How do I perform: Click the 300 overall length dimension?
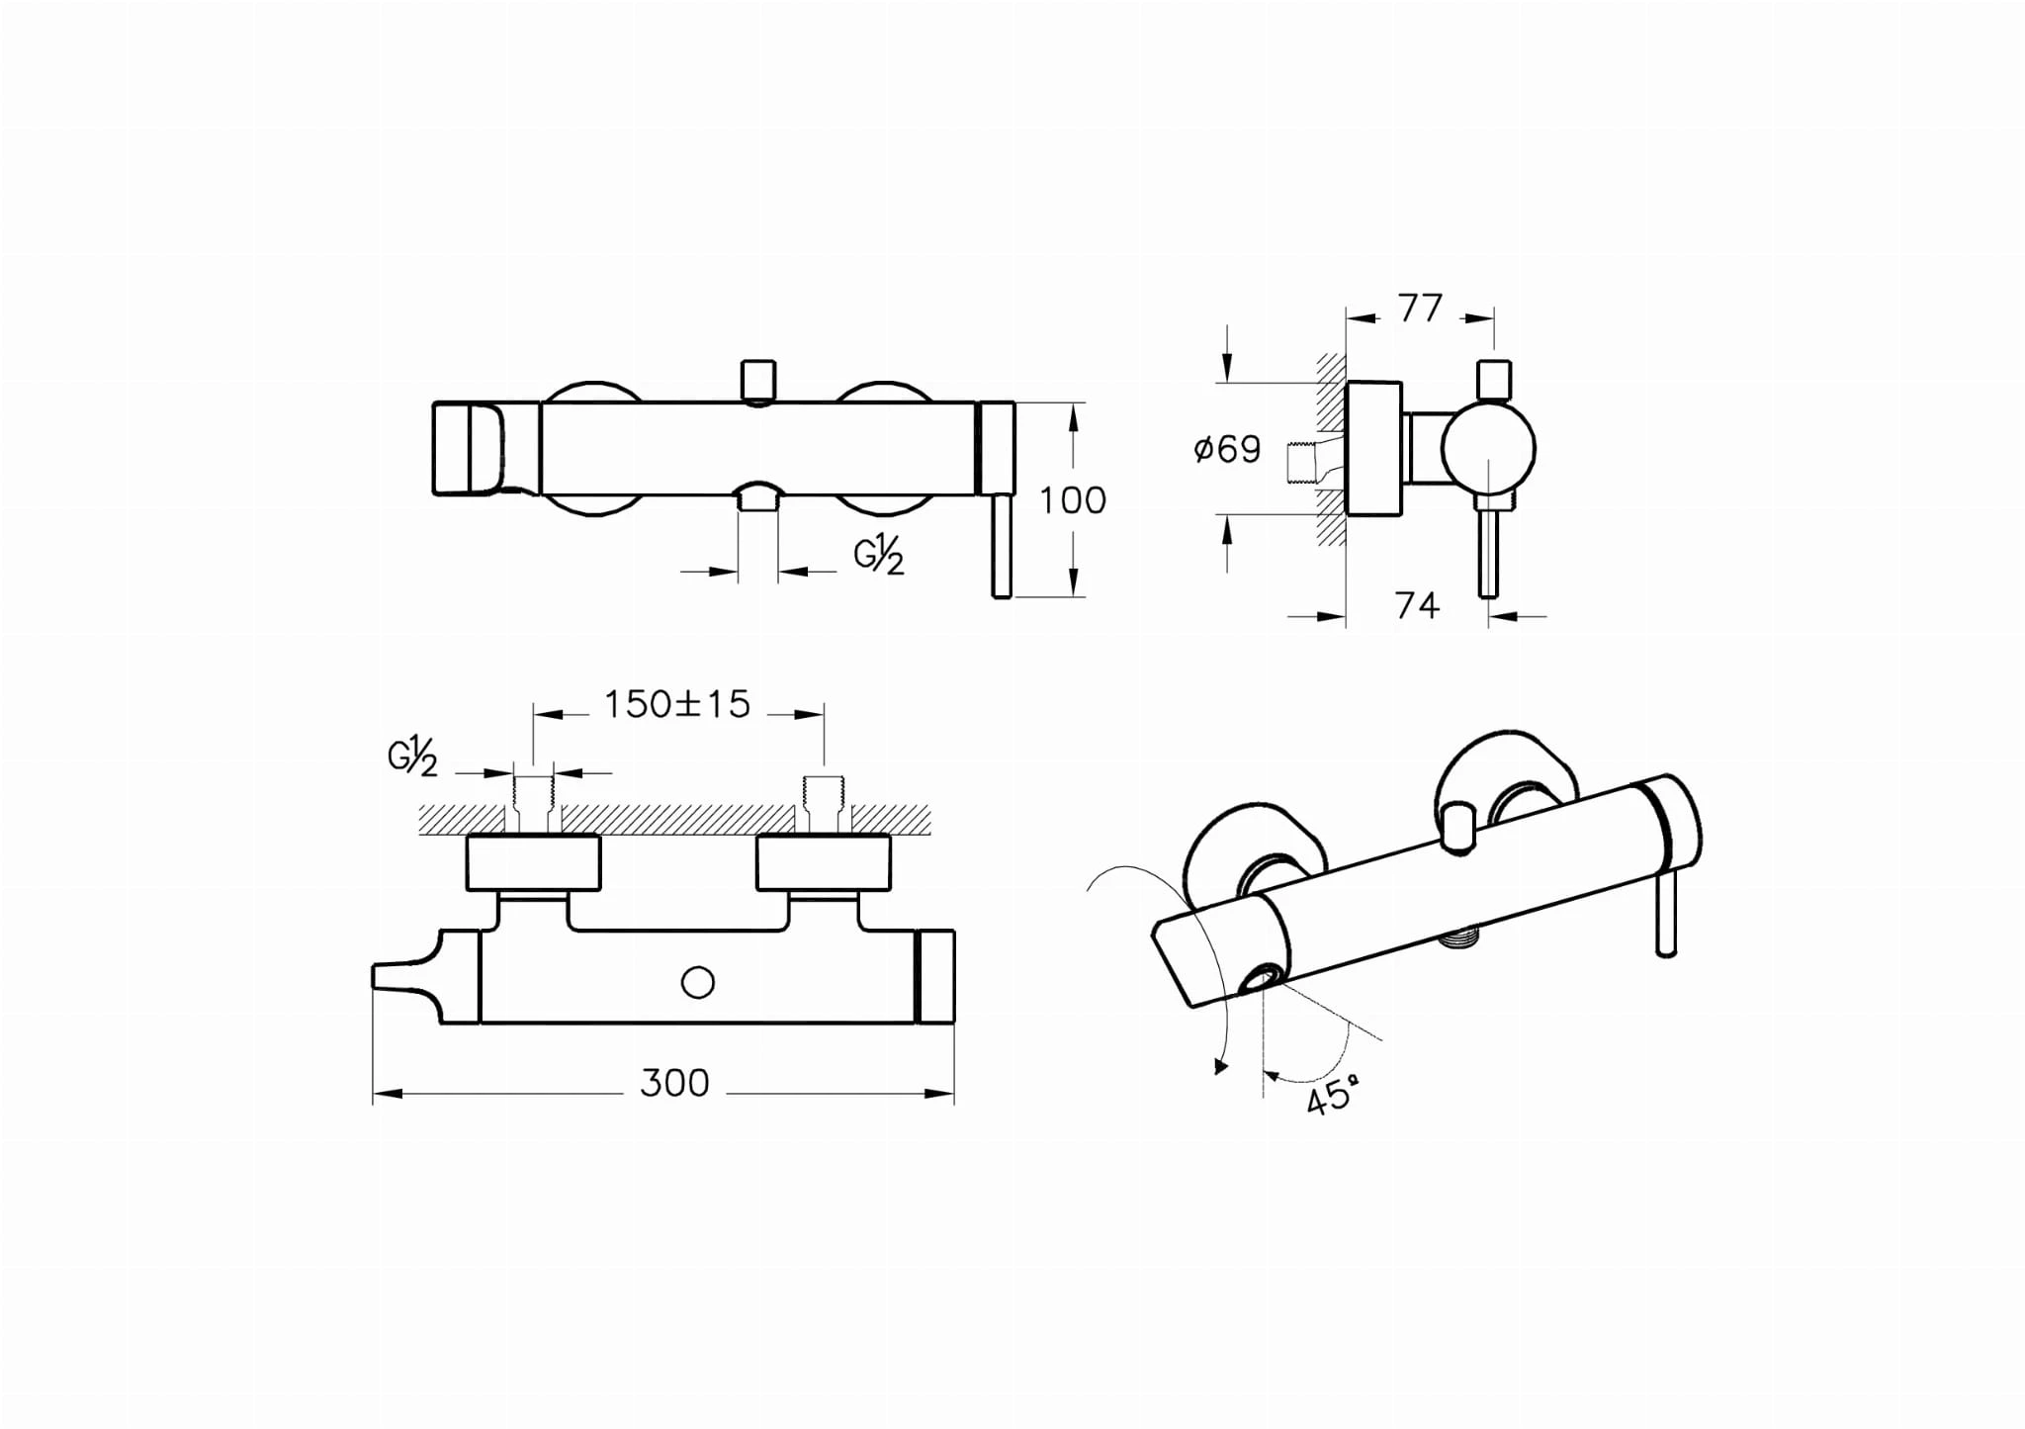coord(674,1084)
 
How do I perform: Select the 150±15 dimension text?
coord(677,704)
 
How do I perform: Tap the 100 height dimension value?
coord(1073,500)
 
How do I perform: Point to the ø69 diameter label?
coord(1227,449)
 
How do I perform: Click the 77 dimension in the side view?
coord(1421,309)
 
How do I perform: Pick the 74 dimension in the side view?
coord(1417,605)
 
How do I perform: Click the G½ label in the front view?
coord(879,556)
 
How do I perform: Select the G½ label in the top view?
coord(412,757)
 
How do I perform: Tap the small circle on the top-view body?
coord(698,983)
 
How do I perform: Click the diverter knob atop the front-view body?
coord(757,381)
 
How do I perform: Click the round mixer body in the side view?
coord(1488,448)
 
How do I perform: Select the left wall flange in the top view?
coord(533,862)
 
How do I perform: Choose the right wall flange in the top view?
coord(824,862)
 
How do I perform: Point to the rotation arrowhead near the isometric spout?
coord(1222,1066)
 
